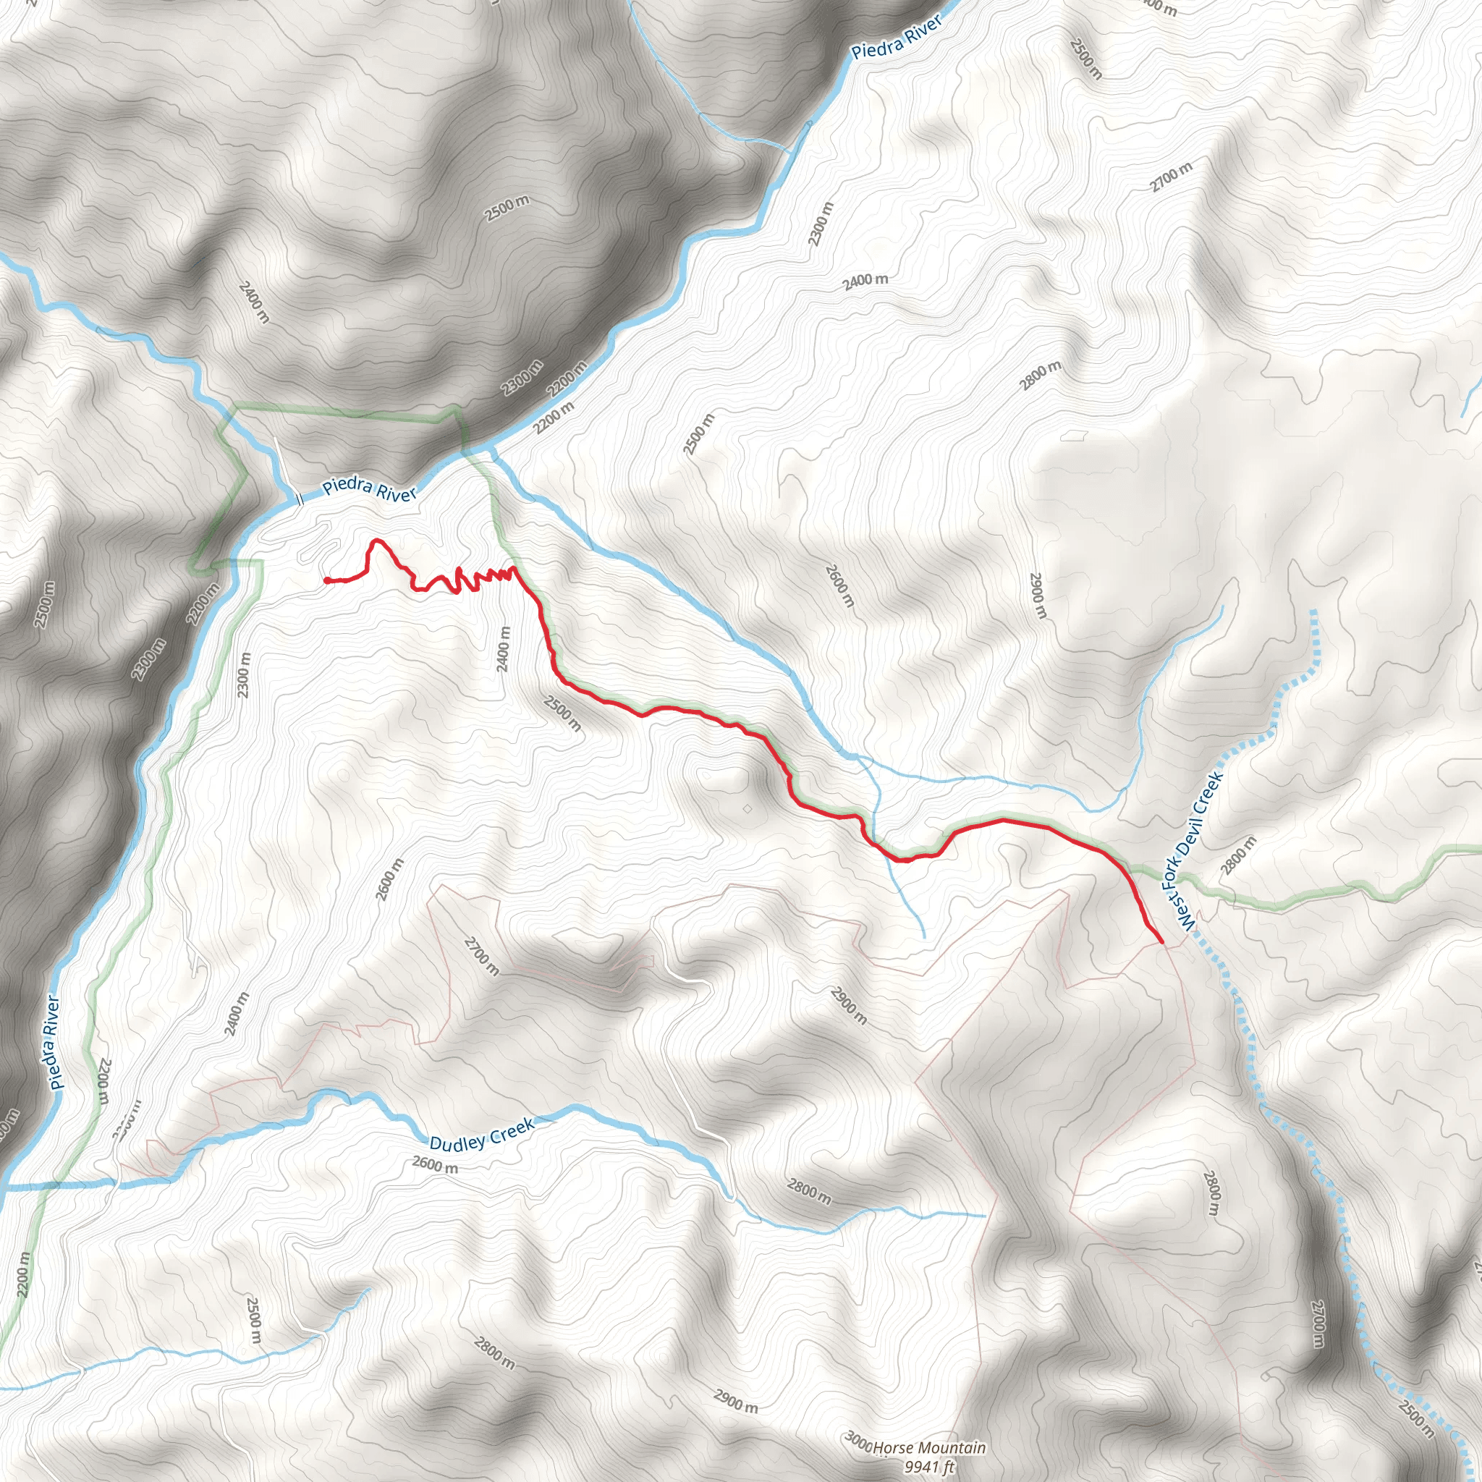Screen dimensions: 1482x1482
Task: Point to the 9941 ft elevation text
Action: [x=929, y=1467]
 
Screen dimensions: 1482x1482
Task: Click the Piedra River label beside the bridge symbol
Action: [x=370, y=490]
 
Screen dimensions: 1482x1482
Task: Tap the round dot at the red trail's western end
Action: [x=328, y=580]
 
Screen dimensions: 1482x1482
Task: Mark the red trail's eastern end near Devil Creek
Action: [x=1161, y=941]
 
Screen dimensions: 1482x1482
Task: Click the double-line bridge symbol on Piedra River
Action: [x=300, y=500]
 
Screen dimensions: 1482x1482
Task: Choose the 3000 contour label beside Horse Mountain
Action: [x=858, y=1442]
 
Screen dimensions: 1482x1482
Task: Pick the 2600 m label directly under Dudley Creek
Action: [x=435, y=1164]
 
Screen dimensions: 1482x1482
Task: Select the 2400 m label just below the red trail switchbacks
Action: [x=503, y=649]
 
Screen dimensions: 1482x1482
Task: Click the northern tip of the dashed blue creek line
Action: [x=1314, y=611]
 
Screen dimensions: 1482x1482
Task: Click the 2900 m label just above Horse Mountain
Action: [x=736, y=1402]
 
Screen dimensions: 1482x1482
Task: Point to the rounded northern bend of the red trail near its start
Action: [x=376, y=541]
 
